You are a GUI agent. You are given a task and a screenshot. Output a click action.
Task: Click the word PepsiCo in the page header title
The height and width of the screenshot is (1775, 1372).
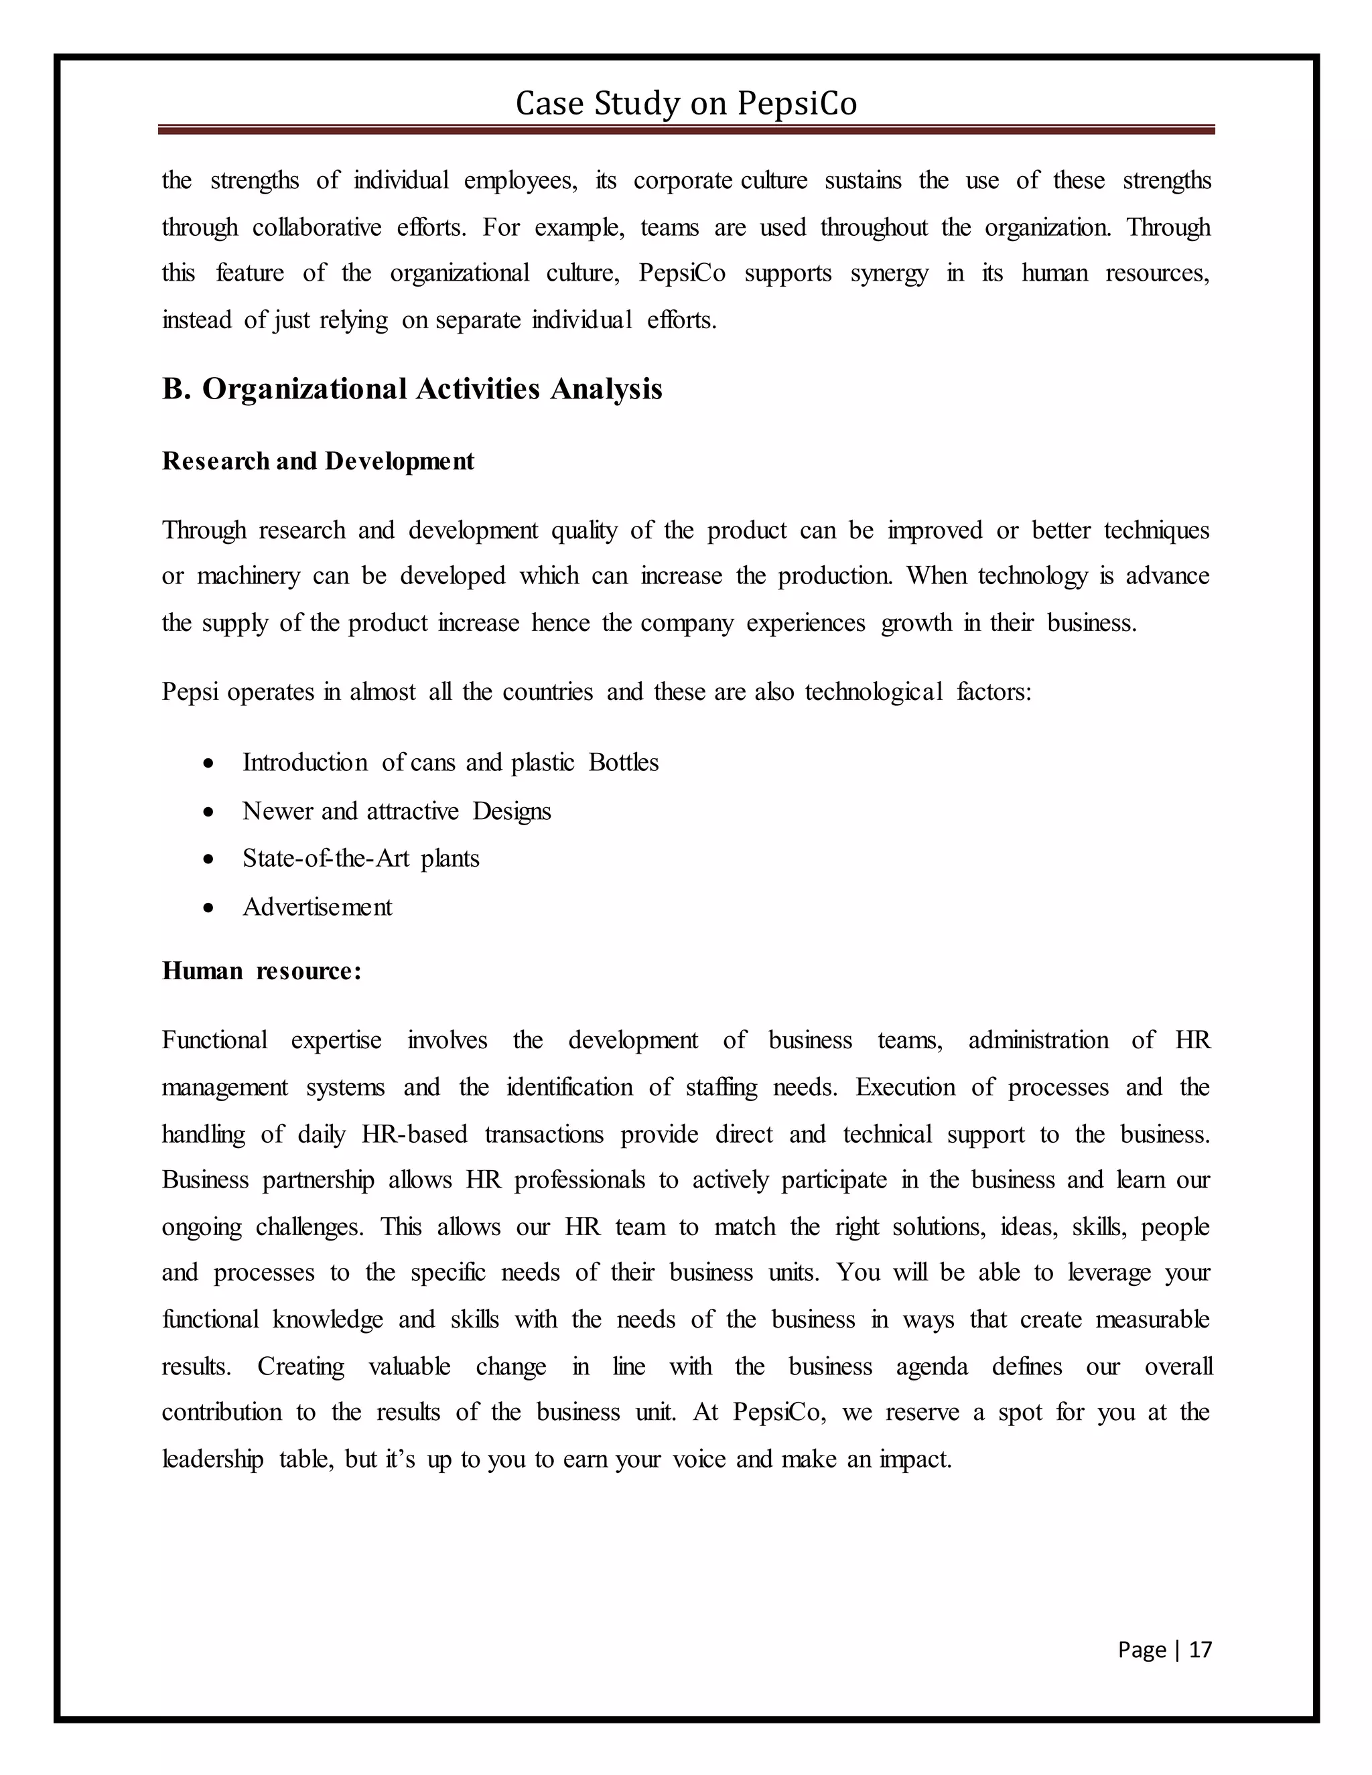coord(797,104)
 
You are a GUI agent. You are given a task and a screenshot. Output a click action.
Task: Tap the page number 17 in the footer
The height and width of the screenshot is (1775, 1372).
coord(1200,1649)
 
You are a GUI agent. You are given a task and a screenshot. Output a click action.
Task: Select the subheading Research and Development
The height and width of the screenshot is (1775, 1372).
coord(318,461)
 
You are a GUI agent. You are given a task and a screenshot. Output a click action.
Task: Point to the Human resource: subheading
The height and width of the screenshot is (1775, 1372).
coord(261,971)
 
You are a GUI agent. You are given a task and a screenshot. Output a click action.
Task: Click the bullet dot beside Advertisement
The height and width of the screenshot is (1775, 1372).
coord(210,908)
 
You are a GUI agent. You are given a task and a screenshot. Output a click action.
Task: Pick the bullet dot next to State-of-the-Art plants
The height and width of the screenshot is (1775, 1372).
coord(210,859)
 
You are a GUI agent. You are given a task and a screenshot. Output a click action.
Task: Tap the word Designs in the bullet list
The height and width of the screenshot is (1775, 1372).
coord(511,811)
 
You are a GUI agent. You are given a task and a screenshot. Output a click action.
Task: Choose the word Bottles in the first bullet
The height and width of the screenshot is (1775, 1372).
coord(624,762)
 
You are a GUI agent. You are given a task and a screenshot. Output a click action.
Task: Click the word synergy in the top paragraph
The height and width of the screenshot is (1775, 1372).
coord(889,273)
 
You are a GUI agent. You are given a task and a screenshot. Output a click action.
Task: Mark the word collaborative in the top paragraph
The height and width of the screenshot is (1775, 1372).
coord(316,227)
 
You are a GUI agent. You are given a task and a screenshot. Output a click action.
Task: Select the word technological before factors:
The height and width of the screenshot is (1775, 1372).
coord(873,692)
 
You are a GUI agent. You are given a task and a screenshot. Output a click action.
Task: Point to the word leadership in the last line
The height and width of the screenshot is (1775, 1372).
coord(213,1460)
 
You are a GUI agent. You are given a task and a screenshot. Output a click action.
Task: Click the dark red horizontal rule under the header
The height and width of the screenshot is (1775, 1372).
coord(686,129)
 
